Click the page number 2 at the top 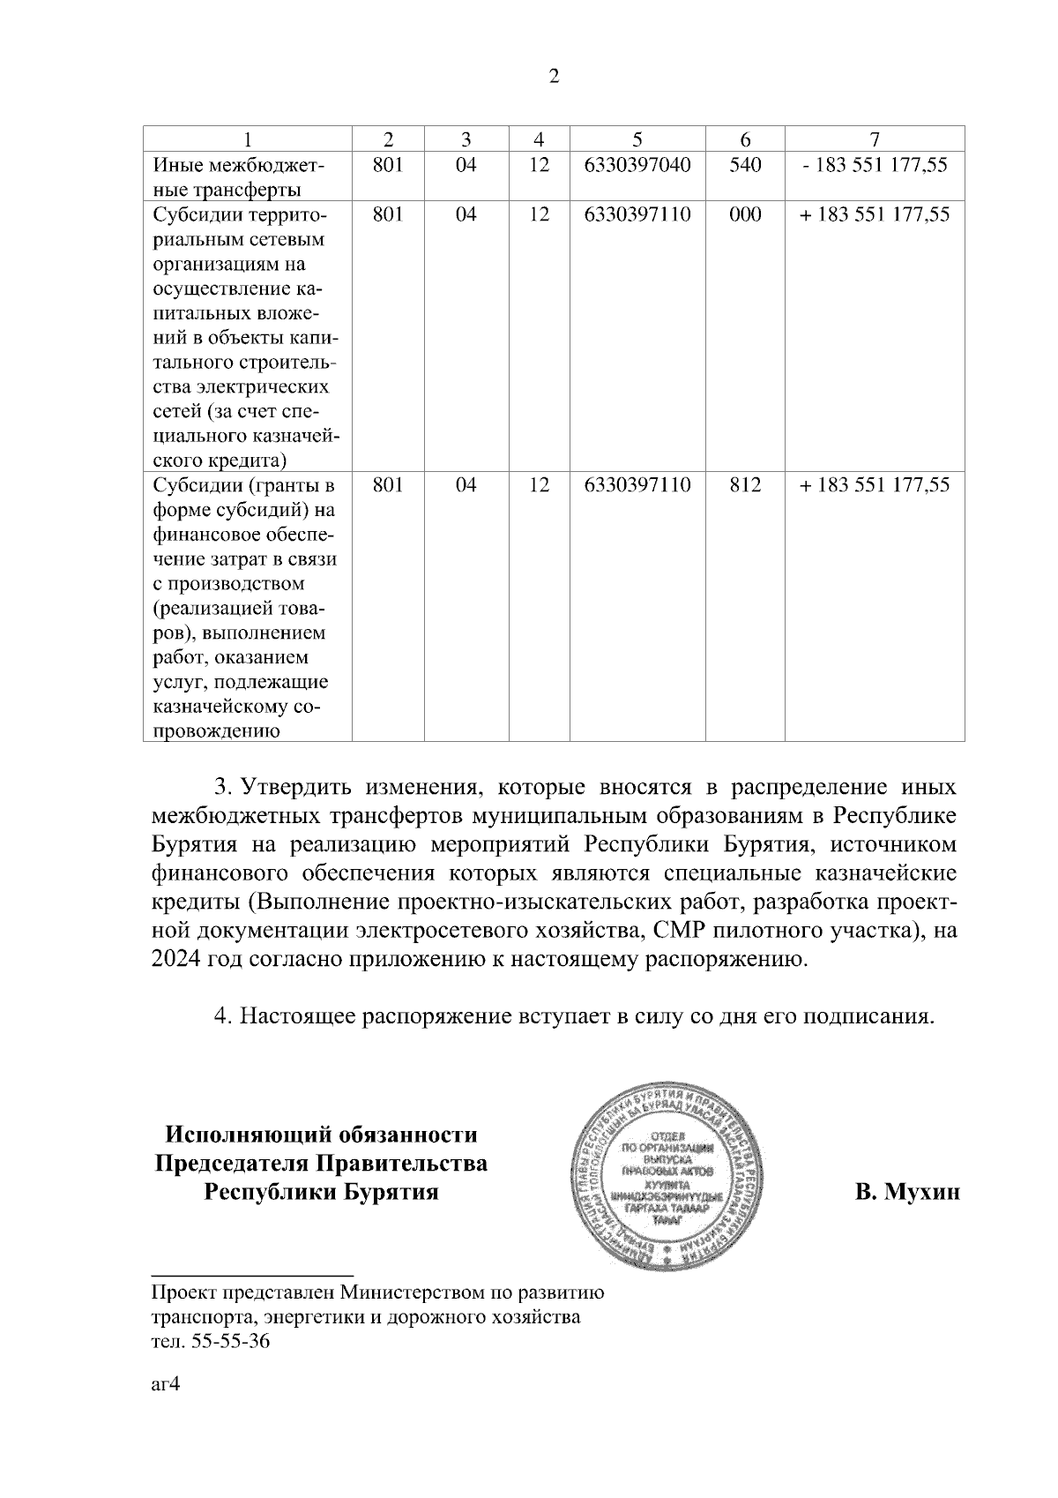(554, 77)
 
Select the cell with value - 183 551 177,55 (875, 165)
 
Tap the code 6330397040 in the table (637, 165)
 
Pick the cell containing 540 (745, 165)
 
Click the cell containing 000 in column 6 (745, 214)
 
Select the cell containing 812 (745, 484)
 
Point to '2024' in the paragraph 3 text (175, 960)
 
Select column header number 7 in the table (875, 139)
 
